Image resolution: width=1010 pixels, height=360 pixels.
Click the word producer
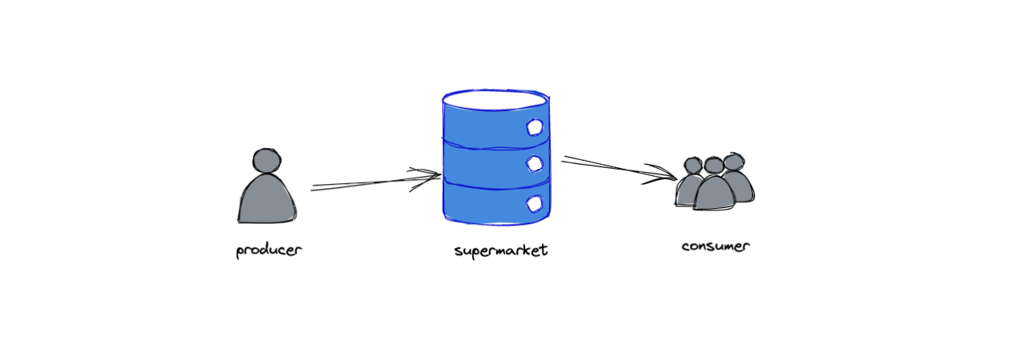[269, 250]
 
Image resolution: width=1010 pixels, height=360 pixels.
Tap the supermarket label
[501, 250]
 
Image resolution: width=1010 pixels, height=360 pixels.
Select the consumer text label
[715, 246]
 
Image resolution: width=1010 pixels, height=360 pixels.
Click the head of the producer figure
[267, 161]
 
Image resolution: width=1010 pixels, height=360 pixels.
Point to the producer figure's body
[267, 198]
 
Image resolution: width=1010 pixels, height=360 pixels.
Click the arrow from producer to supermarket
[376, 182]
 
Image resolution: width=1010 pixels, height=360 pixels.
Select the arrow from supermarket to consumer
[619, 170]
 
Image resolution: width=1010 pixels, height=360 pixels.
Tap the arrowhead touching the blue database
[426, 179]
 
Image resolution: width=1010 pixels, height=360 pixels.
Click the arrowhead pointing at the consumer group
[661, 174]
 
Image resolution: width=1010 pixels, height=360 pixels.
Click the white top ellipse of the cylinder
[496, 99]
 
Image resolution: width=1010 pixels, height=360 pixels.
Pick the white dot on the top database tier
[535, 127]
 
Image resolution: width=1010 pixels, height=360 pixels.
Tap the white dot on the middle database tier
[535, 163]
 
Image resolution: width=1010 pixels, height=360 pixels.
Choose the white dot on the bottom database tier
[535, 204]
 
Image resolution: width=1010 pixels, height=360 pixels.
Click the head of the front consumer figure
[713, 166]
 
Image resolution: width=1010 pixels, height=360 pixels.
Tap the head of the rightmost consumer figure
[734, 162]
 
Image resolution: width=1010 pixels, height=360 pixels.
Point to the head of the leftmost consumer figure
[693, 166]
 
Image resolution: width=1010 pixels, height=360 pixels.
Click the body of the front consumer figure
[714, 193]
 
